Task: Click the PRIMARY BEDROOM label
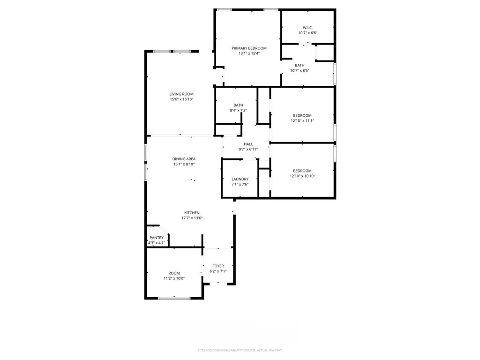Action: point(249,48)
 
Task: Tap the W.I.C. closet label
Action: point(307,28)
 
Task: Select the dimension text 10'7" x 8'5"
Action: point(300,71)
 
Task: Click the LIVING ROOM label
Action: point(181,94)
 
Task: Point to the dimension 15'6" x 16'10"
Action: point(181,99)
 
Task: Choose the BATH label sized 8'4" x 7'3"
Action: point(238,105)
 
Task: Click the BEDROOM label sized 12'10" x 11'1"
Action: point(302,115)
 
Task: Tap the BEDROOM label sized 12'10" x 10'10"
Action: point(302,171)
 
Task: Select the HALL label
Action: point(248,144)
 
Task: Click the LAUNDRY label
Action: point(240,179)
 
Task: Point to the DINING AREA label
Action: point(184,159)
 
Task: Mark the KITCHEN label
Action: point(192,213)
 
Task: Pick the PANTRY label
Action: point(157,238)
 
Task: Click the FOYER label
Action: point(218,266)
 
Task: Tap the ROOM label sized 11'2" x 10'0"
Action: point(174,273)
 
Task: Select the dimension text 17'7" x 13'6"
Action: point(192,218)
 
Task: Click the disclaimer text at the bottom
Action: point(240,350)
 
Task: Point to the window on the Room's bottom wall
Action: point(174,298)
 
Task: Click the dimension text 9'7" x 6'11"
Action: point(248,150)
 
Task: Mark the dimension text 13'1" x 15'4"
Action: point(249,53)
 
